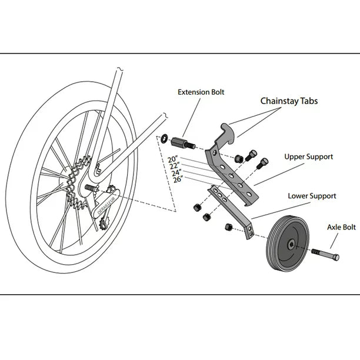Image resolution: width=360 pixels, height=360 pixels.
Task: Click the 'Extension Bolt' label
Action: click(201, 92)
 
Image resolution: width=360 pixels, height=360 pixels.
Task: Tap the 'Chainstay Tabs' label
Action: click(289, 101)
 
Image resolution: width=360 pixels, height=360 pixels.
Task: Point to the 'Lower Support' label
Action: click(312, 196)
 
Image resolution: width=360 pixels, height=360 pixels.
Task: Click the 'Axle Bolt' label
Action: click(341, 226)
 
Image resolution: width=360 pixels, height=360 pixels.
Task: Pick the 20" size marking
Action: click(172, 159)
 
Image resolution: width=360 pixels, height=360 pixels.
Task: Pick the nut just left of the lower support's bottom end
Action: click(227, 227)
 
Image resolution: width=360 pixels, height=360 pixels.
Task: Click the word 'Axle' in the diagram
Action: click(334, 226)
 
